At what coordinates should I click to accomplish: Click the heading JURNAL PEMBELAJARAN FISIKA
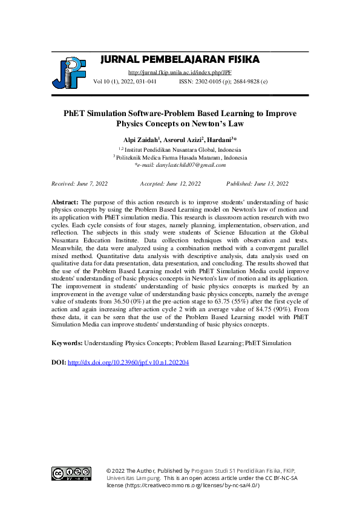[179, 59]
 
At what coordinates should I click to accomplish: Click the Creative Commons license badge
[71, 474]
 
